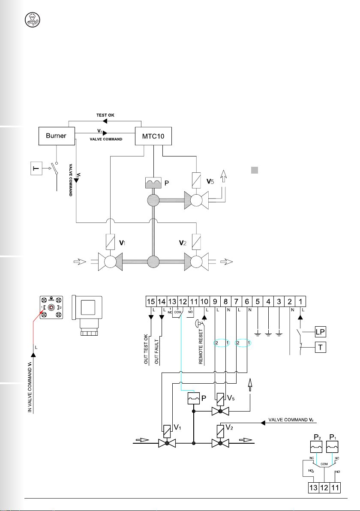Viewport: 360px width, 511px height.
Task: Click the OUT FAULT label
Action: coord(157,351)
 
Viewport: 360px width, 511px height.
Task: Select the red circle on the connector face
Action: coord(51,307)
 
